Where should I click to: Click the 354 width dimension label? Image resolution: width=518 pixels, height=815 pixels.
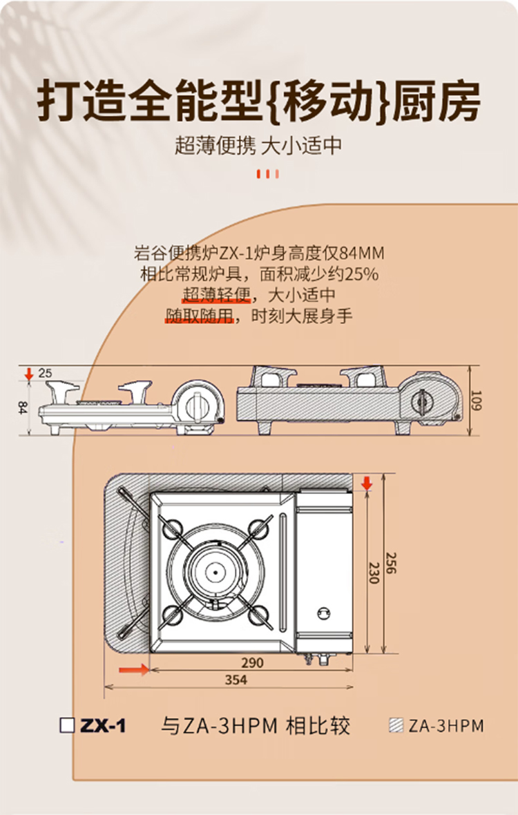pyautogui.click(x=236, y=680)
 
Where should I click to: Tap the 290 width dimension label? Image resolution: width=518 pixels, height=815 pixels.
pyautogui.click(x=253, y=663)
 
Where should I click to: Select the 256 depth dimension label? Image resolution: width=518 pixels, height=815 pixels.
pyautogui.click(x=391, y=562)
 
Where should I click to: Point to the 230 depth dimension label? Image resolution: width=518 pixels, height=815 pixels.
pyautogui.click(x=374, y=572)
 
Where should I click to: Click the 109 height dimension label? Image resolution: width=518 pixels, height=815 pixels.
pyautogui.click(x=474, y=400)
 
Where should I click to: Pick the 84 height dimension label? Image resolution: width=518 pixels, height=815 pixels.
pyautogui.click(x=22, y=407)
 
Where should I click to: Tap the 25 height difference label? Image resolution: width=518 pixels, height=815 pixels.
pyautogui.click(x=45, y=373)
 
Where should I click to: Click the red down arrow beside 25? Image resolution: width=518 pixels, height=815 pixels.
pyautogui.click(x=29, y=373)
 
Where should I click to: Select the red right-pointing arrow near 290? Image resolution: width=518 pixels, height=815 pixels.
pyautogui.click(x=134, y=669)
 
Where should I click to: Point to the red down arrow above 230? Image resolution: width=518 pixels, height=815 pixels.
pyautogui.click(x=367, y=483)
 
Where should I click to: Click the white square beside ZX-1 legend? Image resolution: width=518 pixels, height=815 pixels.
pyautogui.click(x=68, y=725)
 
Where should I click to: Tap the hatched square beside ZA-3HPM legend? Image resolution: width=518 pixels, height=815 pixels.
pyautogui.click(x=396, y=725)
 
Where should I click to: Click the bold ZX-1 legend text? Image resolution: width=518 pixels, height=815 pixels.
pyautogui.click(x=103, y=726)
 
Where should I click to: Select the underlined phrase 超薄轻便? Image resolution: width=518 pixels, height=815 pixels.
pyautogui.click(x=216, y=295)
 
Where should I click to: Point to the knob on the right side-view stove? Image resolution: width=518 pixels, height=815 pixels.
pyautogui.click(x=421, y=401)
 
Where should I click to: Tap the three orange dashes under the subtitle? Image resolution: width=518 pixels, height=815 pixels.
pyautogui.click(x=268, y=173)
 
